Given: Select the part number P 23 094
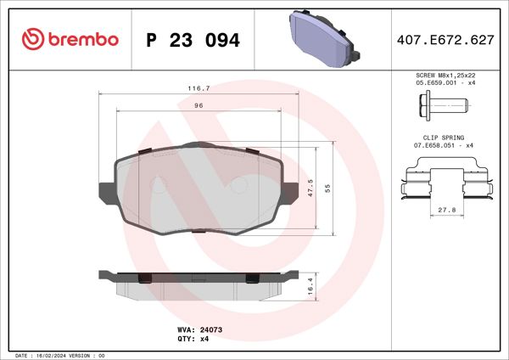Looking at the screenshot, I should point(193,40).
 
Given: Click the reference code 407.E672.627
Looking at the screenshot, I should point(445,40).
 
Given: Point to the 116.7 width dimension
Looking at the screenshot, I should point(198,87).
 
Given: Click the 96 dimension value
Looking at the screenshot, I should point(199,105).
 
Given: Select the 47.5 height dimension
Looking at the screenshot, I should point(311,188).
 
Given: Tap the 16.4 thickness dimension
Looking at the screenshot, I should point(310,286).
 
